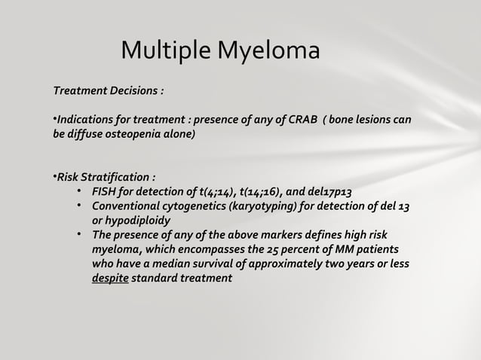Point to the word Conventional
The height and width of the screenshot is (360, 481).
coord(124,207)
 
